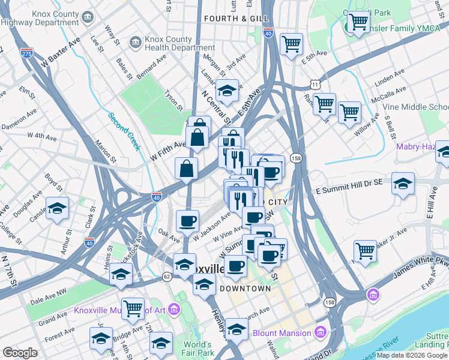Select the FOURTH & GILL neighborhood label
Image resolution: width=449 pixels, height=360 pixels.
pyautogui.click(x=236, y=19)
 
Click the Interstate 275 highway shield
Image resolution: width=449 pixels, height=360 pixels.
pyautogui.click(x=26, y=53)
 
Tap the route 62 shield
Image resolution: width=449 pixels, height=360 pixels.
pyautogui.click(x=166, y=277)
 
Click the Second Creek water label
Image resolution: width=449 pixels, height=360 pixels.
pyautogui.click(x=124, y=132)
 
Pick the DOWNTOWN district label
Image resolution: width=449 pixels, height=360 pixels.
pyautogui.click(x=245, y=289)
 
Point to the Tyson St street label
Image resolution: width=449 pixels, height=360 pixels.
pyautogui.click(x=173, y=97)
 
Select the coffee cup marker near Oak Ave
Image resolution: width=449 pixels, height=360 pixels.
pyautogui.click(x=187, y=221)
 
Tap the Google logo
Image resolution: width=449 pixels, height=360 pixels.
pyautogui.click(x=20, y=353)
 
